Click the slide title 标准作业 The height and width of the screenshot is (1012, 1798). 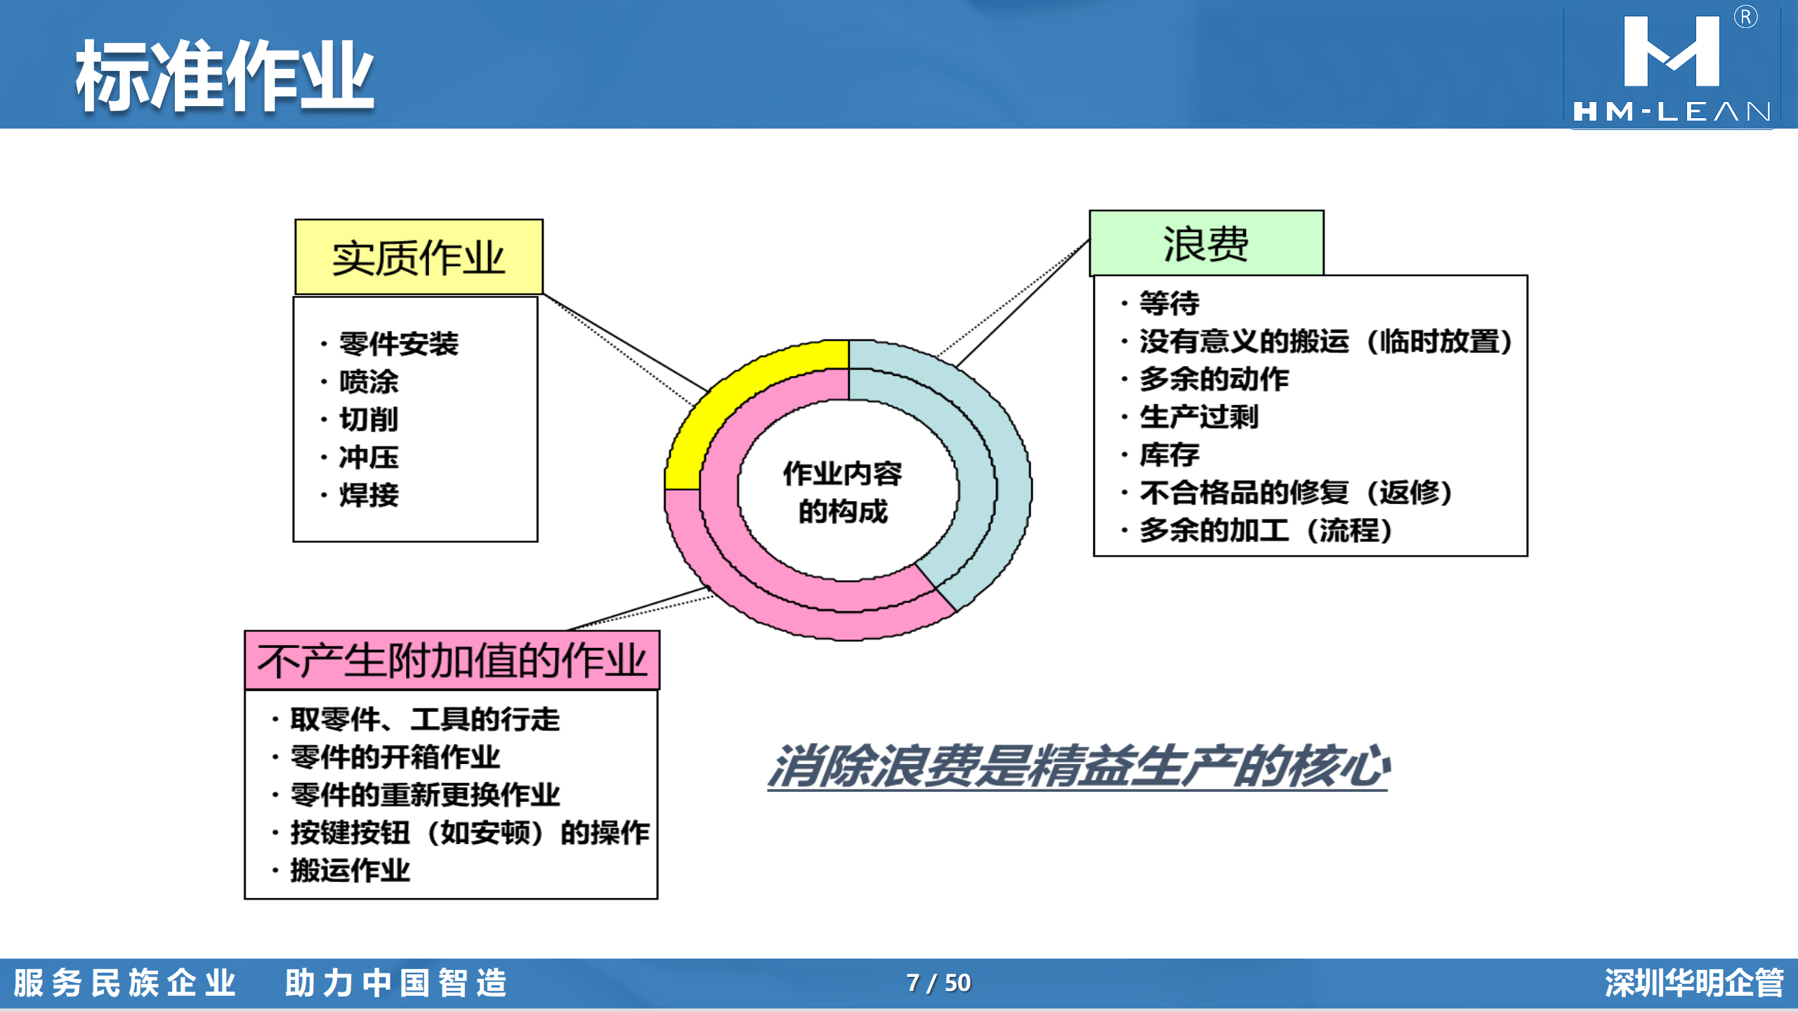coord(225,75)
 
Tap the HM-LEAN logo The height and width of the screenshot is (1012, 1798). coord(1672,65)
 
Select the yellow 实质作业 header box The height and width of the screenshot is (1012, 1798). coord(419,257)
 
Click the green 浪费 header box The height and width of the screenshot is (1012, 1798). coord(1206,243)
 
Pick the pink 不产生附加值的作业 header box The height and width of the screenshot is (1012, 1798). coord(452,661)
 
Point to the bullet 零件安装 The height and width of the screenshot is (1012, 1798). coord(398,344)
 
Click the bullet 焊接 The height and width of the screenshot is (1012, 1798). coord(369,495)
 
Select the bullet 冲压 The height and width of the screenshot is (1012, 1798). coord(369,457)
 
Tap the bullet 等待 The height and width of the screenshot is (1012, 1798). coord(1169,304)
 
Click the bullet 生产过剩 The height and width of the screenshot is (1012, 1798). coord(1199,417)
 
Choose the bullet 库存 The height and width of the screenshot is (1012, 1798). coord(1169,455)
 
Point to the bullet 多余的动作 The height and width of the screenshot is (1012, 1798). coord(1214,379)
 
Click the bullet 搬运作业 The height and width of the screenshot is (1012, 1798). coord(350,870)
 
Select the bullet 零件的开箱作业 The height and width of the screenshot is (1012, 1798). coord(395,757)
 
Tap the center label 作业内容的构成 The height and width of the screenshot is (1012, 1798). coord(843,492)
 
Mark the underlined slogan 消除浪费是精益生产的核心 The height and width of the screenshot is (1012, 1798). coord(1079,766)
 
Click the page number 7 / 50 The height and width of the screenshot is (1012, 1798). coord(938,982)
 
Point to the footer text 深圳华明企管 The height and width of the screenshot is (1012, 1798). coord(1694,982)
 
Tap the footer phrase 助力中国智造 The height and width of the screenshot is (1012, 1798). coord(395,982)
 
